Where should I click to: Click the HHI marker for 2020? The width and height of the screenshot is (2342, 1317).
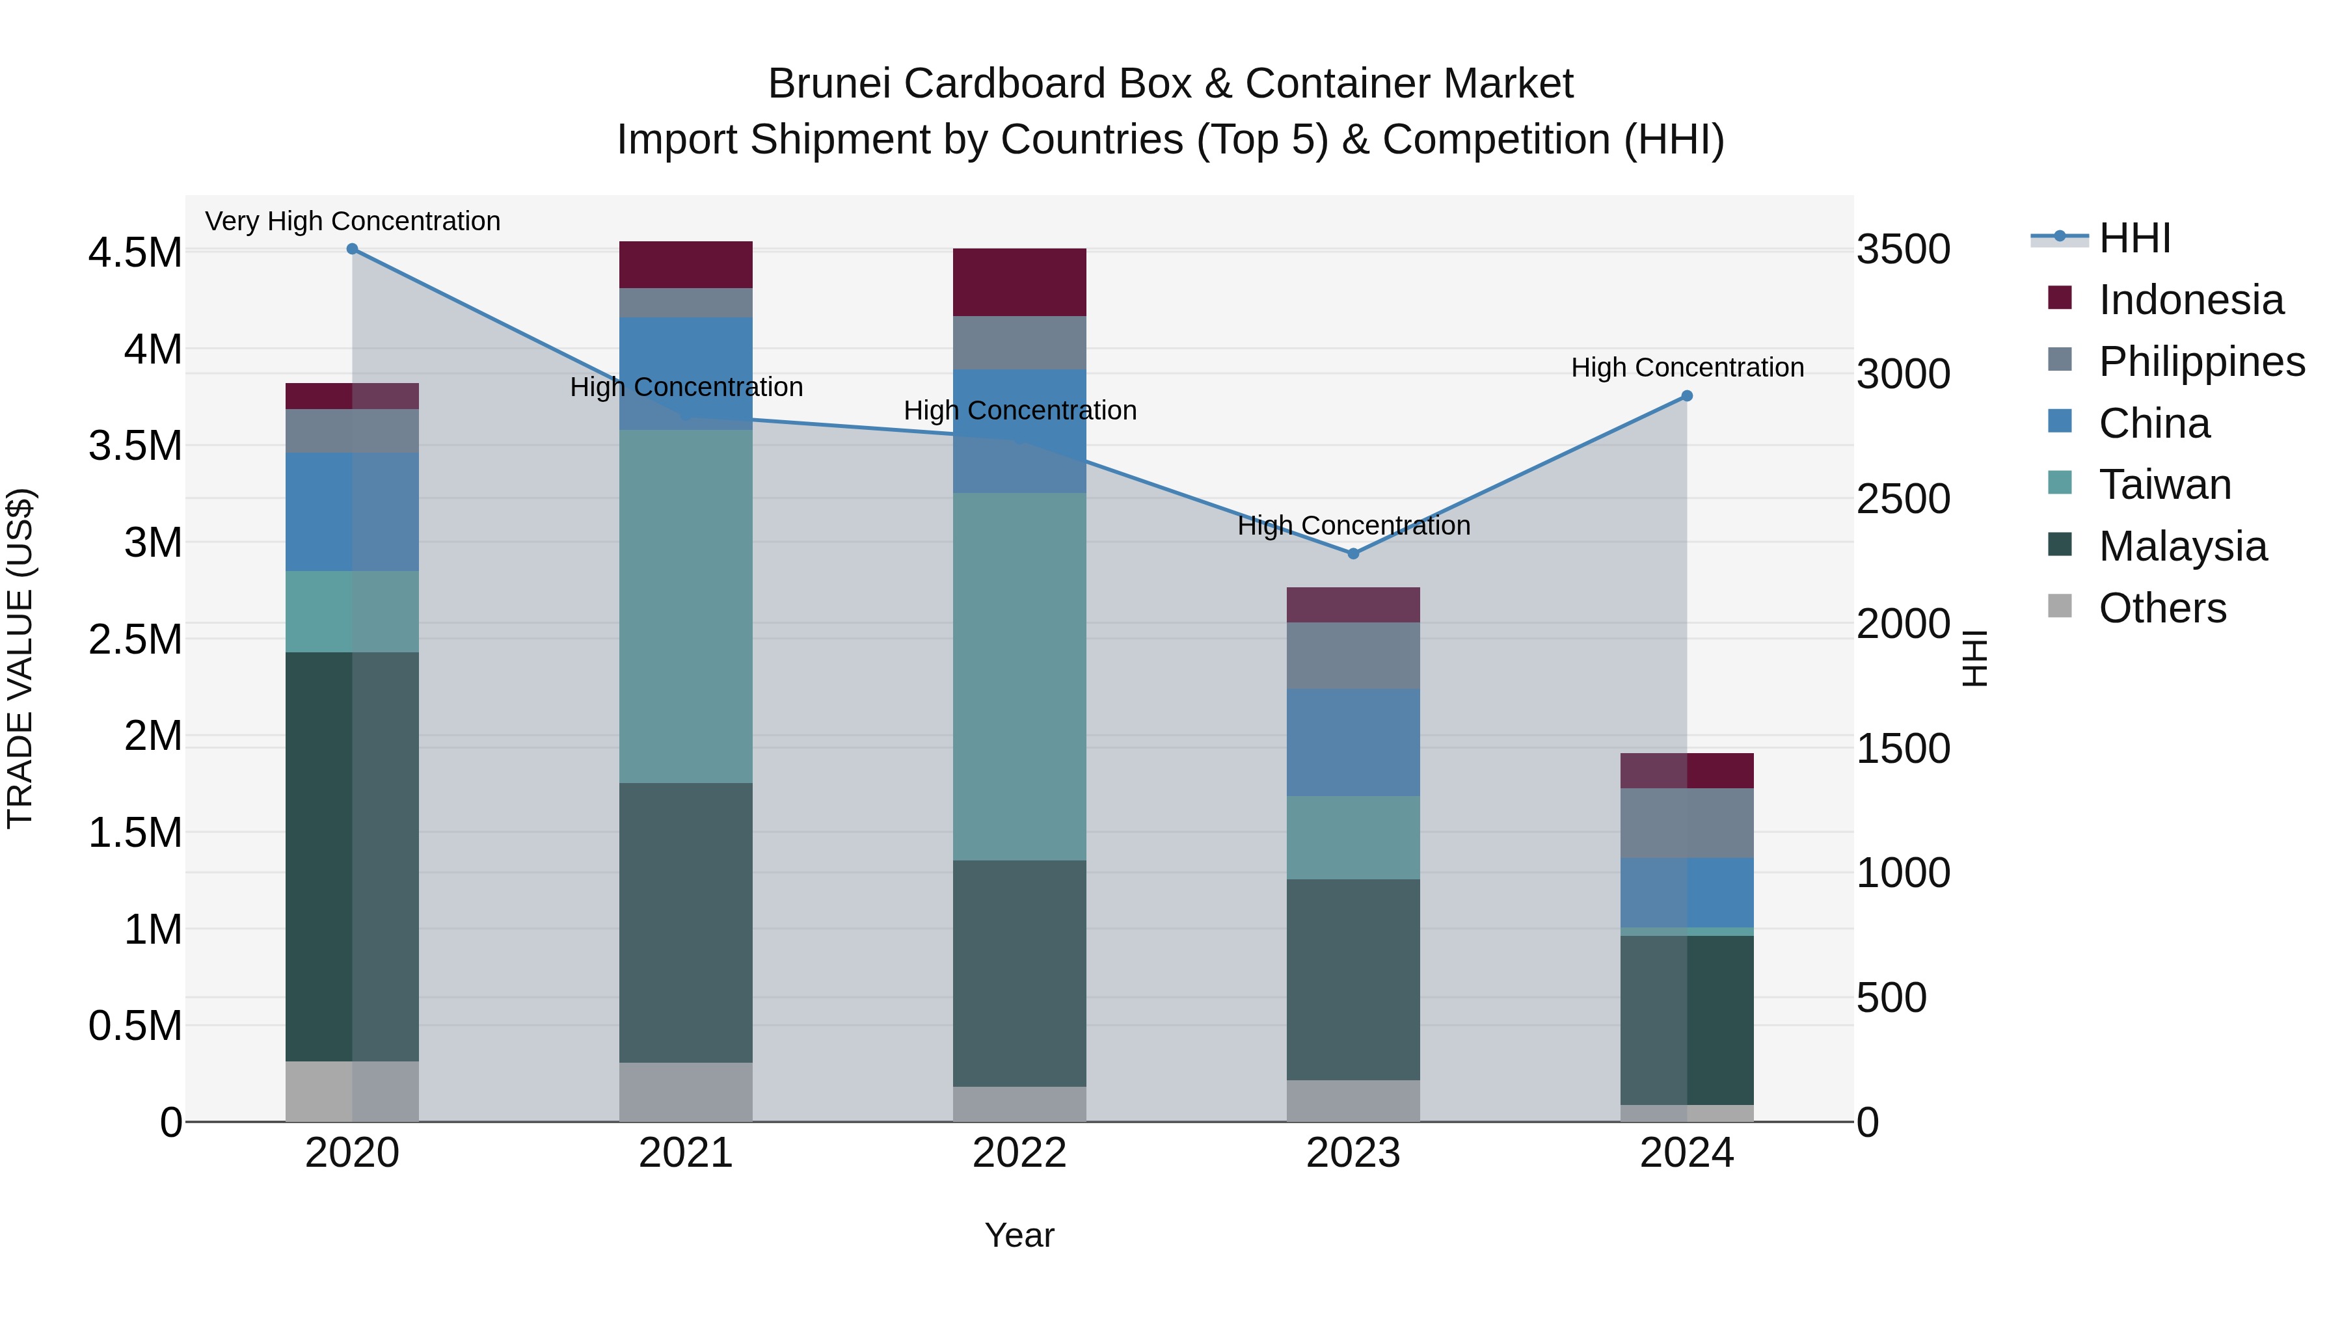pos(352,249)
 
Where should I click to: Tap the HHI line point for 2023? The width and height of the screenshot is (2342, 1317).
pos(1353,553)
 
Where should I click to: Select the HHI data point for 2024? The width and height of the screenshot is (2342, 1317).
pos(1686,396)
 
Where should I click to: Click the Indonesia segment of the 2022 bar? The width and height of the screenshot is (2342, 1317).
pos(1019,282)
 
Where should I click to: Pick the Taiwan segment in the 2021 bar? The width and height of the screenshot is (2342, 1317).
pos(686,606)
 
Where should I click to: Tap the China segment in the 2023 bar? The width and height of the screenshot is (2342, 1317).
pos(1353,743)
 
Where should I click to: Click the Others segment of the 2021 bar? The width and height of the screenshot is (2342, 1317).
pos(686,1091)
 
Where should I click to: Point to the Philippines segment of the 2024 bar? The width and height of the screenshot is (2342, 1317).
pos(1686,823)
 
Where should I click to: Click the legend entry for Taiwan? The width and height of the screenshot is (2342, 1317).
pos(2164,485)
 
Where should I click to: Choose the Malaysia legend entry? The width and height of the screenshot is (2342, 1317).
pos(2182,546)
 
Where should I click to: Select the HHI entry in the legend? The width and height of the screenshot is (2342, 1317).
pos(2134,238)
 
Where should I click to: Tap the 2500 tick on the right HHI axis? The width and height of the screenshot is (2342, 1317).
pos(1903,499)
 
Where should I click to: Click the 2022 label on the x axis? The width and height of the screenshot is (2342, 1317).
pos(1019,1153)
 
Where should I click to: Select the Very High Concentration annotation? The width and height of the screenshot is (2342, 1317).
pos(353,221)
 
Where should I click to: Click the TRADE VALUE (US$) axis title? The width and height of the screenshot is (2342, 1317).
pos(20,658)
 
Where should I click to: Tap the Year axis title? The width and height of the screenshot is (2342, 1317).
pos(1019,1235)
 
